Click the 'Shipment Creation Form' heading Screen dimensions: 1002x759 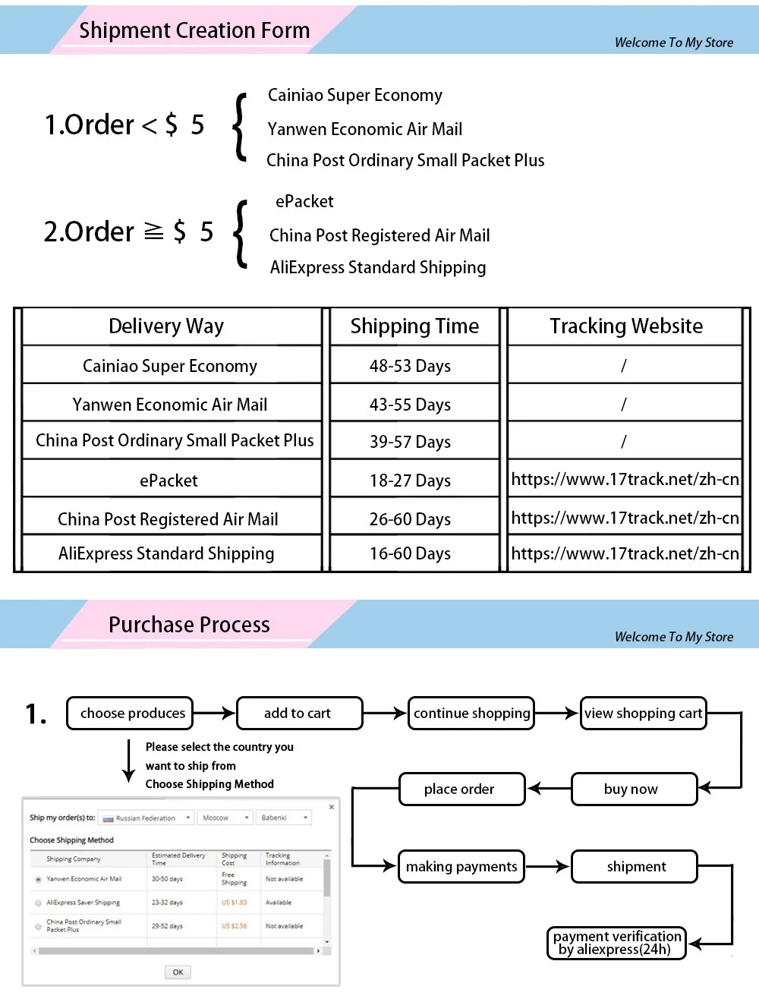[194, 30]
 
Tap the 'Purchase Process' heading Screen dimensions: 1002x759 [189, 625]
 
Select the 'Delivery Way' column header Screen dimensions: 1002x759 [166, 326]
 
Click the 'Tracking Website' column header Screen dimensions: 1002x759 [626, 326]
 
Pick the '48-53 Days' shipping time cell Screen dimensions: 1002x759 [410, 366]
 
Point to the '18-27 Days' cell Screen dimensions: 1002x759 [410, 481]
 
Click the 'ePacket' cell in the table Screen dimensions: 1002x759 [168, 481]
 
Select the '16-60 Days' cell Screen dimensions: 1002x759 [410, 554]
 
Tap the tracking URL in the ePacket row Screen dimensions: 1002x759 [625, 480]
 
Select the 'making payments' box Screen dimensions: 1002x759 [461, 867]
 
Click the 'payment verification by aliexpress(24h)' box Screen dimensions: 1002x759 [616, 943]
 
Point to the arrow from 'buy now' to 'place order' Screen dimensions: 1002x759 [548, 789]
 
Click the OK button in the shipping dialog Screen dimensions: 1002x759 [178, 972]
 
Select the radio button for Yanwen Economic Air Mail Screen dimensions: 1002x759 [38, 879]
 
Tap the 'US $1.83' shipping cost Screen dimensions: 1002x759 [234, 903]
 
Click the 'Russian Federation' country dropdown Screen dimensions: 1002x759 [146, 818]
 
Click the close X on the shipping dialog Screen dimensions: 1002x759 [332, 807]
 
